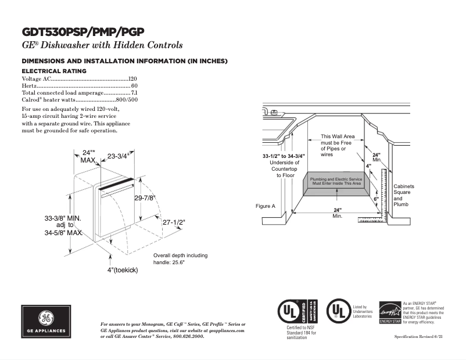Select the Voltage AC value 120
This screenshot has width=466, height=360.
[x=132, y=78]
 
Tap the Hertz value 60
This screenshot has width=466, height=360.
[x=134, y=85]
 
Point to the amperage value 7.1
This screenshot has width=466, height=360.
[x=134, y=93]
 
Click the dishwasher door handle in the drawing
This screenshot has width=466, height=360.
[x=116, y=186]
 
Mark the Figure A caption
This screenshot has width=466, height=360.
[x=266, y=206]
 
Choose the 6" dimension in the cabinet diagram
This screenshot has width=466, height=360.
[x=376, y=199]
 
